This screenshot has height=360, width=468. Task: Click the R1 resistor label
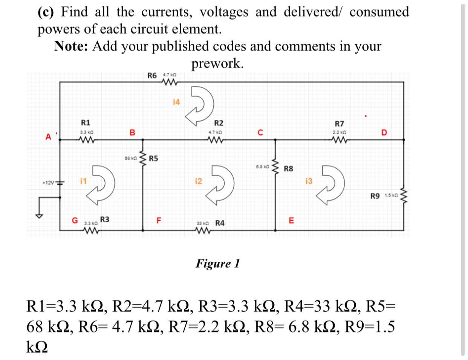click(86, 122)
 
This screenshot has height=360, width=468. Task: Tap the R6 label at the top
click(153, 75)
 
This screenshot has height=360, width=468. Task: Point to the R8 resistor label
click(288, 169)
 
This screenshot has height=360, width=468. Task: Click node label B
click(132, 133)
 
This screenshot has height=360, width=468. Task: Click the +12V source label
click(49, 183)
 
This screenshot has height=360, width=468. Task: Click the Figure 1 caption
click(217, 263)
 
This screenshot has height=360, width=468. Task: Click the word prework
click(217, 63)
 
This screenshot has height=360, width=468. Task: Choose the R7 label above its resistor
click(339, 123)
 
